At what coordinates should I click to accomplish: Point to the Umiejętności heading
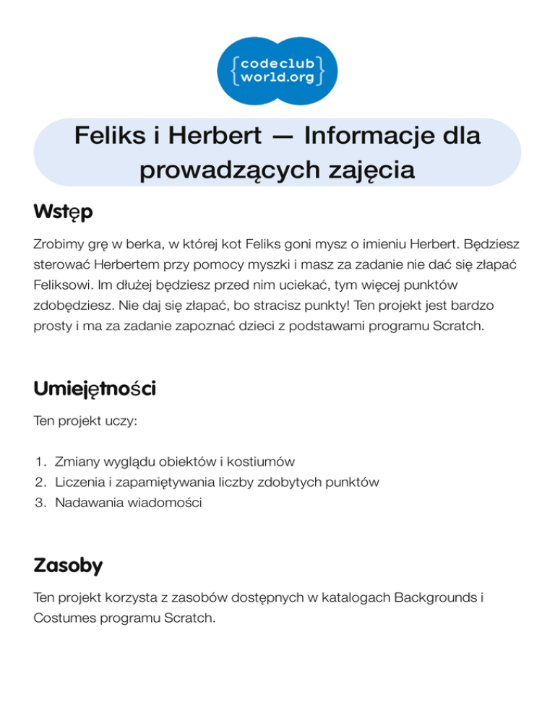coord(95,389)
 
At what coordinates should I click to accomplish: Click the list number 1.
coord(40,461)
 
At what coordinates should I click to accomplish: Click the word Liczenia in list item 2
coord(77,482)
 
